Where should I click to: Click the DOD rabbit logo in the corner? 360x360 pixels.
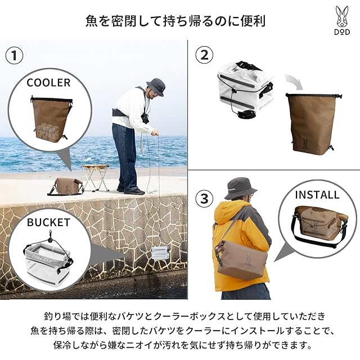pos(342,20)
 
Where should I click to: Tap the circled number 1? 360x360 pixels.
pos(14,56)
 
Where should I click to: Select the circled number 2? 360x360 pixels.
pos(204,55)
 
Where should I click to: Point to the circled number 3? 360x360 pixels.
pos(204,199)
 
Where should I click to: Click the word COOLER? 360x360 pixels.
pos(48,83)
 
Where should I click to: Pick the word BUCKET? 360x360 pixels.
pos(48,223)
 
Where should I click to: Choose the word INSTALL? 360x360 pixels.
pos(317,195)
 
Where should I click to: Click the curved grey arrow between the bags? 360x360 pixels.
pos(295,81)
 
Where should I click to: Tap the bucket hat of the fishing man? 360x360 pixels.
pos(156,87)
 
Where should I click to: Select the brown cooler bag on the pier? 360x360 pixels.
pos(65,186)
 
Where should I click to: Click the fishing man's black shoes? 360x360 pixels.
pos(131,190)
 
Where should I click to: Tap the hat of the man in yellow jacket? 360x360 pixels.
pos(241,188)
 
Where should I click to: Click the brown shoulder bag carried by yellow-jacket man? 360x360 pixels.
pos(242,260)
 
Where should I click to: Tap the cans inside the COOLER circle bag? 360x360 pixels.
pos(47,132)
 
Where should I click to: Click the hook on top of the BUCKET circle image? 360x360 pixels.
pos(49,236)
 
